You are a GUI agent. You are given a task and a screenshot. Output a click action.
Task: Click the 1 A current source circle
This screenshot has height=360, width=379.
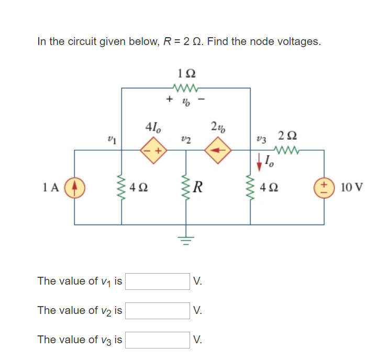(x=74, y=187)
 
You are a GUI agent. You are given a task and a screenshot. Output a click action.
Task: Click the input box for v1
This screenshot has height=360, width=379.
(x=158, y=281)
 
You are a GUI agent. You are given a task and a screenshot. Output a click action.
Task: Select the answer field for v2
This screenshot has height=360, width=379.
(x=158, y=310)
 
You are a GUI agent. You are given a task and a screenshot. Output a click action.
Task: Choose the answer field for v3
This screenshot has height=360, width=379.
(x=158, y=340)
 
